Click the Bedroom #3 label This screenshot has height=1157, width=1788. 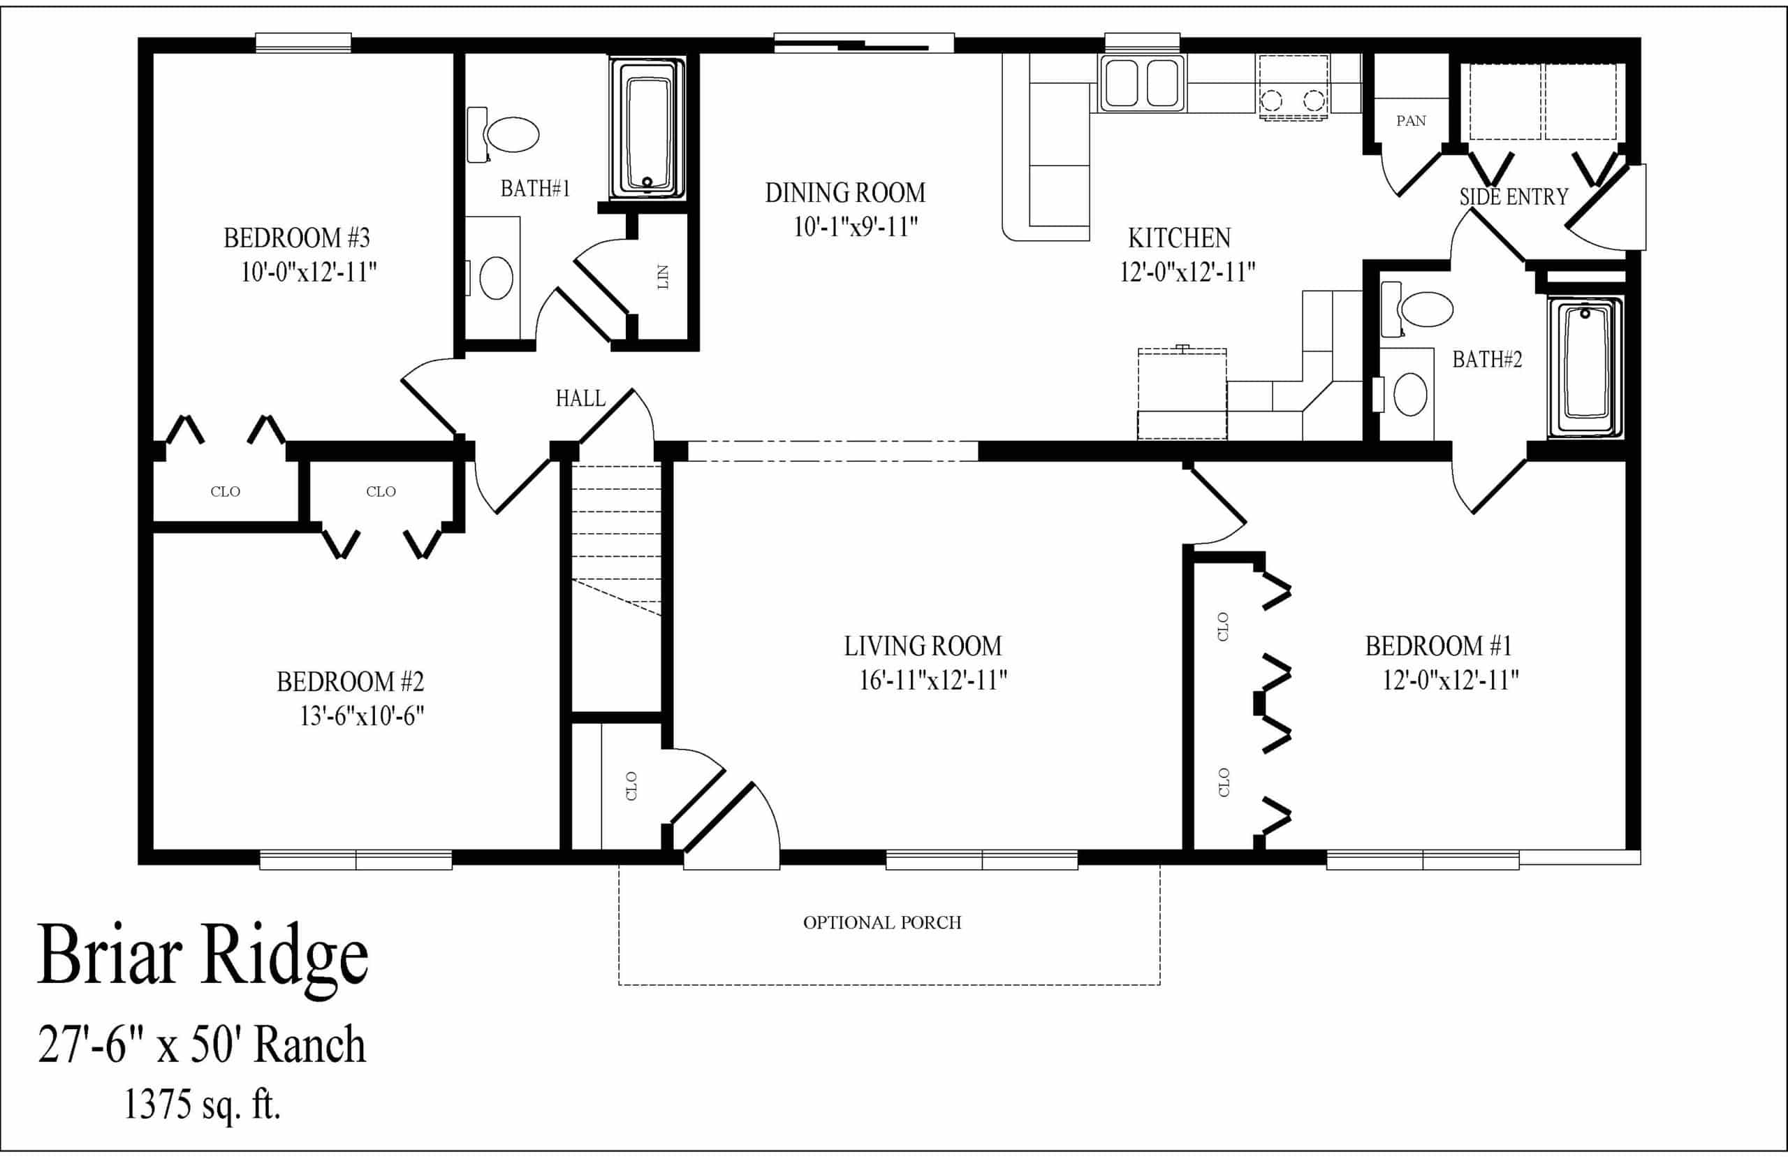297,238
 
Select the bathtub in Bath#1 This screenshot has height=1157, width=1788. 647,129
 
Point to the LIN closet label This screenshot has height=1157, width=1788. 662,277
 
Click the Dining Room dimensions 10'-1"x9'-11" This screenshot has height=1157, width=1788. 856,226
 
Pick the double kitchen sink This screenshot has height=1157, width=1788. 1141,83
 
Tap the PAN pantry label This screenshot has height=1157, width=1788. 1411,121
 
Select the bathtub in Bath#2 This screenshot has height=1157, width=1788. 1585,368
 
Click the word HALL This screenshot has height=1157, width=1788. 580,398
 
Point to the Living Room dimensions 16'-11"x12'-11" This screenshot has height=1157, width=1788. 932,680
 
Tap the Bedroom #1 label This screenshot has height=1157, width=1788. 1438,646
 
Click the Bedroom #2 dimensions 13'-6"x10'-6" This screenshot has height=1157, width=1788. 362,716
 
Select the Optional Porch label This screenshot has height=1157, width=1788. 882,922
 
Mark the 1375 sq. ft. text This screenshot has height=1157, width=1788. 202,1104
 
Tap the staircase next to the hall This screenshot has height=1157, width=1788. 617,586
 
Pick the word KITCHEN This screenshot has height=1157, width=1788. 1179,238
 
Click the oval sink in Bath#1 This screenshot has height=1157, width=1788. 496,278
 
